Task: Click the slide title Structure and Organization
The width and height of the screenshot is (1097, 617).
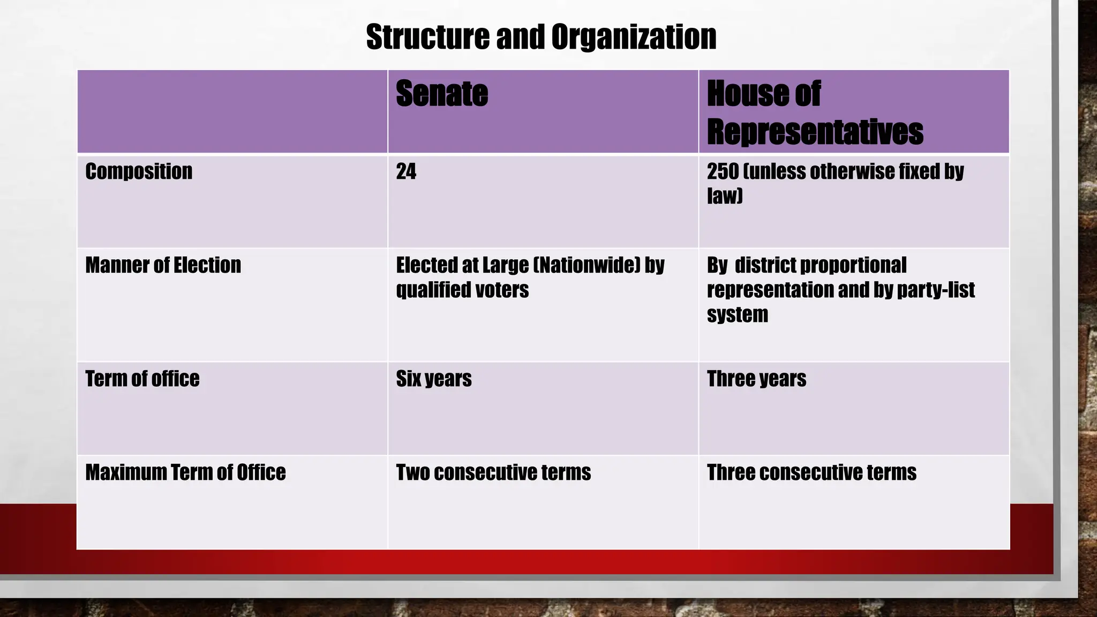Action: [x=541, y=37]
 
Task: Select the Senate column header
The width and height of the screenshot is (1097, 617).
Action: [x=442, y=94]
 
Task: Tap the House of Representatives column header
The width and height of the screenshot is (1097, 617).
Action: [x=814, y=112]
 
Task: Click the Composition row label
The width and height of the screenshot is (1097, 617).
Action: [x=139, y=171]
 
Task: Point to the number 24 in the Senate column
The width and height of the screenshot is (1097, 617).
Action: [x=406, y=171]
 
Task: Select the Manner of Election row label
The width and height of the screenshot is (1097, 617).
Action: [x=163, y=265]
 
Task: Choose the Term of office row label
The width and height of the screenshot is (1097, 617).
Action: [x=142, y=379]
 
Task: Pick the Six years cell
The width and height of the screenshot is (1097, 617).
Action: [x=434, y=379]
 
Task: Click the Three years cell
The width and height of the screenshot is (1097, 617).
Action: [x=756, y=379]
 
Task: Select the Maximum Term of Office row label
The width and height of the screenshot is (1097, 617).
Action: [x=185, y=472]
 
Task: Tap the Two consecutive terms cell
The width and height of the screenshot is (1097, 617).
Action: [x=493, y=472]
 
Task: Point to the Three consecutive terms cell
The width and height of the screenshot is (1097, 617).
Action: [x=812, y=472]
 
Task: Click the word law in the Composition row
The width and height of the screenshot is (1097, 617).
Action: [x=723, y=196]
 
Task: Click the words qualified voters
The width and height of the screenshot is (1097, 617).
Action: [x=462, y=290]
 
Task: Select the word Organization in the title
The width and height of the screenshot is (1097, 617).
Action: [x=634, y=37]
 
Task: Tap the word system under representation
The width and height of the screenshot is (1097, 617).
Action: [x=737, y=314]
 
